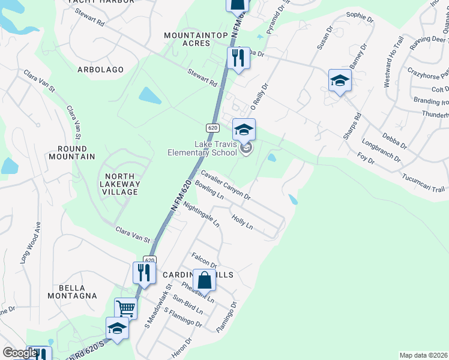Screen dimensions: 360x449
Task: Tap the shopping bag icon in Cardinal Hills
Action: [205, 279]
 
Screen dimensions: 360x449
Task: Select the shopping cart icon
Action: [125, 308]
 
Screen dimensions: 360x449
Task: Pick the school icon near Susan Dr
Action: [339, 80]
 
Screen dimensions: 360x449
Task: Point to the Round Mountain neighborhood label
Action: [76, 152]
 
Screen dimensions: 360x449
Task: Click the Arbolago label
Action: [100, 70]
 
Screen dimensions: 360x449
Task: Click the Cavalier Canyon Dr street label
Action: [225, 184]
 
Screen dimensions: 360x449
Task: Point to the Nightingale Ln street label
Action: [201, 214]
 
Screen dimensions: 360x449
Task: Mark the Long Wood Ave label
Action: [32, 243]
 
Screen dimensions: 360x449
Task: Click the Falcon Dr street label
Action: [203, 260]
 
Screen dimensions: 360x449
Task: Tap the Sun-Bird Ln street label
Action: [186, 306]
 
